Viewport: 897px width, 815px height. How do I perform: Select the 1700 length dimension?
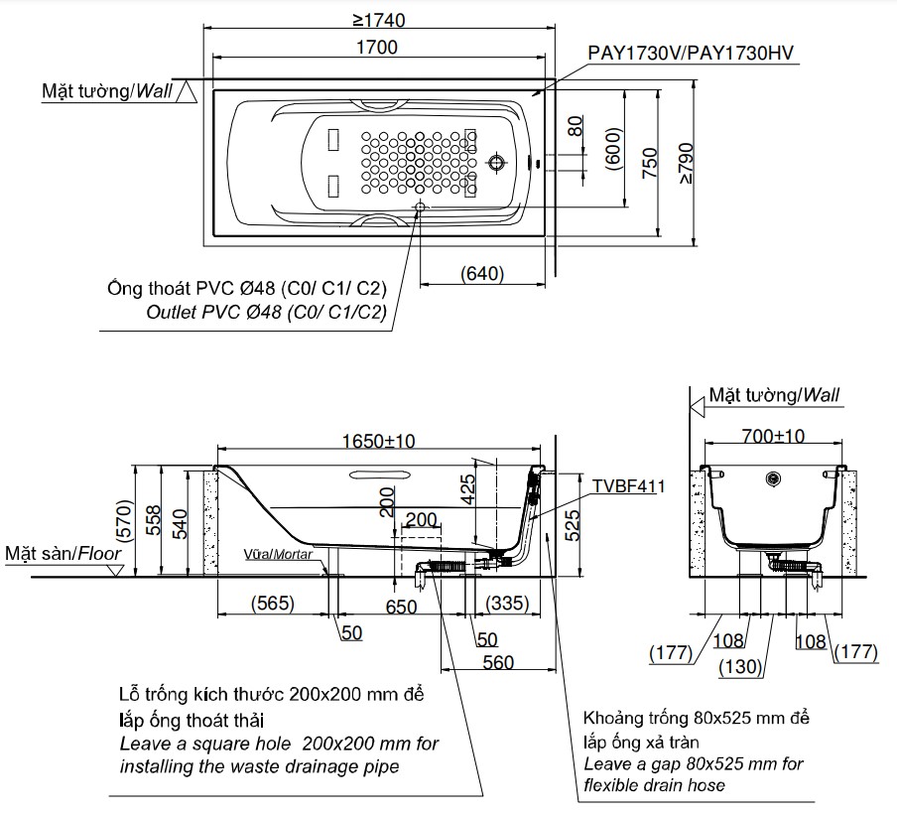pyautogui.click(x=376, y=47)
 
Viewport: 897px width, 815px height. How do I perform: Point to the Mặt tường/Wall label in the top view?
pyautogui.click(x=107, y=91)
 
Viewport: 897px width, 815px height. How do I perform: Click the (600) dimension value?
pyautogui.click(x=612, y=149)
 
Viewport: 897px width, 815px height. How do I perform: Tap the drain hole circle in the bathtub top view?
pyautogui.click(x=497, y=162)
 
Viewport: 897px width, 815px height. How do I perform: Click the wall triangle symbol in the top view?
pyautogui.click(x=192, y=94)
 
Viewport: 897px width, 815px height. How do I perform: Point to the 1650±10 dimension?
pyautogui.click(x=380, y=443)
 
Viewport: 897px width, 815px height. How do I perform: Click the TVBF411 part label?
pyautogui.click(x=627, y=486)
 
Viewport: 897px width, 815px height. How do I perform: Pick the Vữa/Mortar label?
pyautogui.click(x=279, y=555)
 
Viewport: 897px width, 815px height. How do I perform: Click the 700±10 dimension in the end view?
pyautogui.click(x=774, y=435)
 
